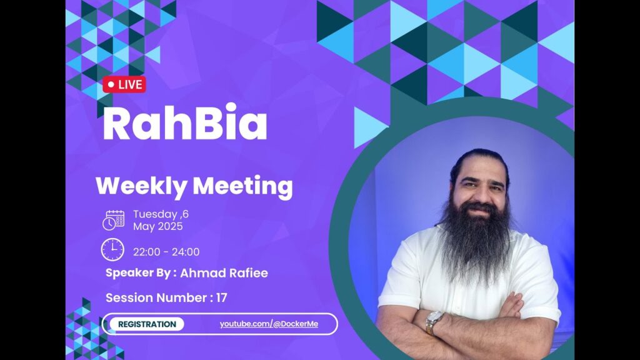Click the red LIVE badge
click(124, 84)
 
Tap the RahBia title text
click(185, 122)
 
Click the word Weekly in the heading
click(141, 186)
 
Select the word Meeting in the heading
click(242, 187)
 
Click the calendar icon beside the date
click(114, 221)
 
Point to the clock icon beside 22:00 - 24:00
click(112, 250)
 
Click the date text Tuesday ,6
click(161, 214)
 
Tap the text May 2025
click(158, 226)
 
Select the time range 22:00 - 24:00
click(166, 252)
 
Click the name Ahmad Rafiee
click(224, 273)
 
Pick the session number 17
click(222, 297)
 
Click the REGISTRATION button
click(147, 324)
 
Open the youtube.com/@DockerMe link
click(269, 324)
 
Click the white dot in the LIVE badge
click(111, 85)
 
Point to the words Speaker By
click(138, 273)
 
